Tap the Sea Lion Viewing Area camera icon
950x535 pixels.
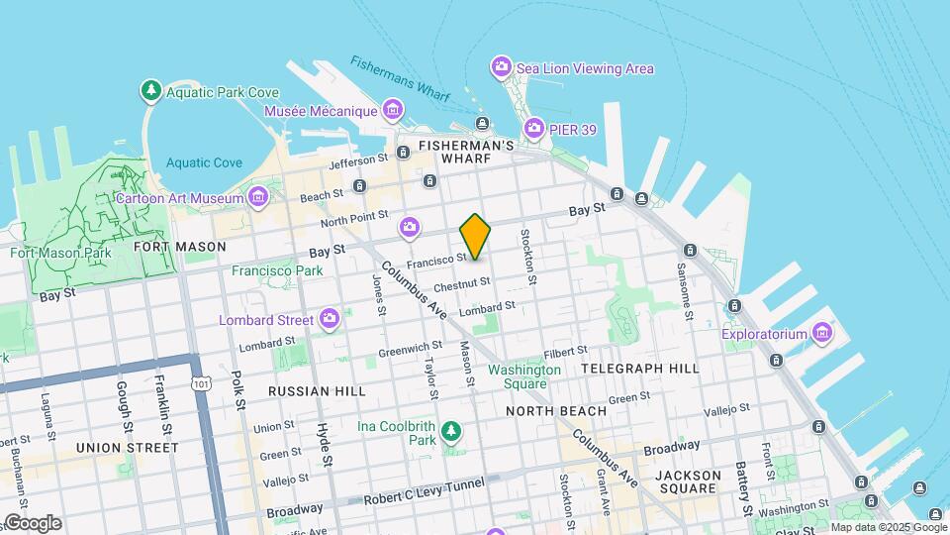click(x=502, y=67)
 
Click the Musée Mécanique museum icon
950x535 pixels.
click(x=393, y=109)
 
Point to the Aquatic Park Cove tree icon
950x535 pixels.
click(x=151, y=91)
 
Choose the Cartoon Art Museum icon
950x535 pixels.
click(x=258, y=197)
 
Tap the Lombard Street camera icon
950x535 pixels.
click(x=330, y=319)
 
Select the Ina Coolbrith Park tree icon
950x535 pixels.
click(x=451, y=431)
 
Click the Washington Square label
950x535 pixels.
click(x=524, y=376)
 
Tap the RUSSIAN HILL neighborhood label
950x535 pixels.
click(x=312, y=391)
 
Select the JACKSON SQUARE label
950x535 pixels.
click(x=688, y=481)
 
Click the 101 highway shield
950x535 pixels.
click(x=203, y=381)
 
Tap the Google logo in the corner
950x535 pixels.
click(x=33, y=522)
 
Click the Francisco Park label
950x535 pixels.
click(x=277, y=270)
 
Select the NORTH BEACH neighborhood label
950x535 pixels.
click(x=556, y=411)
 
